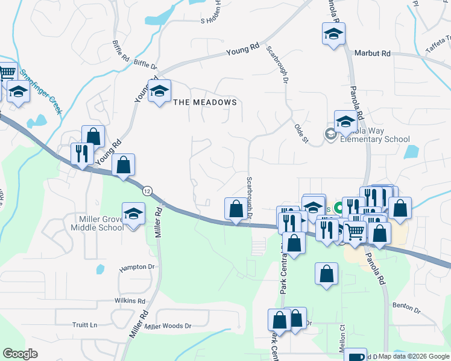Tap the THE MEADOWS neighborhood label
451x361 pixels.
[x=205, y=102]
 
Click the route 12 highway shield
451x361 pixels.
[x=147, y=191]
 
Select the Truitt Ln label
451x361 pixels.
[x=84, y=325]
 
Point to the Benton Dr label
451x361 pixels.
[x=407, y=309]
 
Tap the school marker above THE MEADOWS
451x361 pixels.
[x=160, y=91]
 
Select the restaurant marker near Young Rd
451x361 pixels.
[x=80, y=153]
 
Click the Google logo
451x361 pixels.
[x=20, y=354]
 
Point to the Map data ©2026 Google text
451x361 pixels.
[x=414, y=357]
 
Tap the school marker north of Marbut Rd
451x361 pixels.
[x=333, y=34]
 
